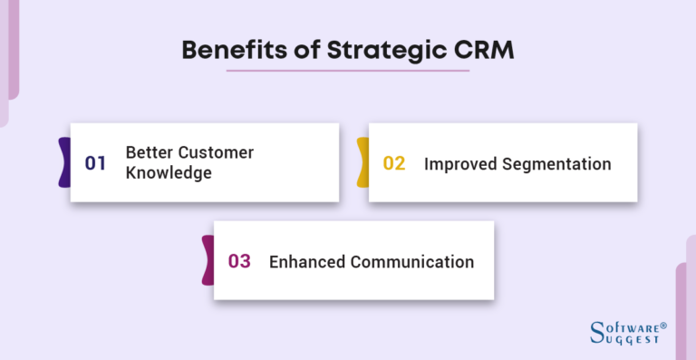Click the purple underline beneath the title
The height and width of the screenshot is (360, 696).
tap(347, 71)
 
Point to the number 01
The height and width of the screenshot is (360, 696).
tap(96, 163)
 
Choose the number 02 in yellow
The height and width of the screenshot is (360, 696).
tap(394, 163)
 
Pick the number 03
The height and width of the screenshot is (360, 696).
tap(239, 261)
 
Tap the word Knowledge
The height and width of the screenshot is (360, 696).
tap(169, 172)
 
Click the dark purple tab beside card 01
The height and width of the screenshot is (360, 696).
tap(64, 163)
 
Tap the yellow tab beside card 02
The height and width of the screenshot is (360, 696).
tap(362, 163)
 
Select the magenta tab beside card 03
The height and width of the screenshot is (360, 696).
tap(208, 261)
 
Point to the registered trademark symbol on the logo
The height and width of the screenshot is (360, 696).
tap(663, 324)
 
